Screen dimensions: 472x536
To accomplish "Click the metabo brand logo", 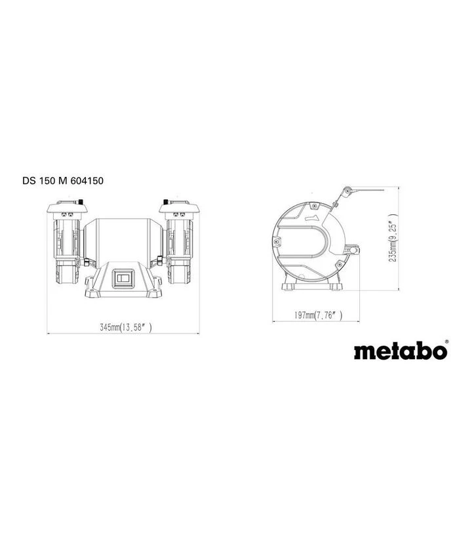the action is pyautogui.click(x=400, y=351).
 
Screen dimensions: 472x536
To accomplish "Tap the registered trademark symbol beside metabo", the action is pyautogui.click(x=446, y=341).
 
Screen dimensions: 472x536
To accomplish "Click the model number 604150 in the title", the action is pyautogui.click(x=87, y=180).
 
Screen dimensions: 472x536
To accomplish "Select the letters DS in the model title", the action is pyautogui.click(x=29, y=180).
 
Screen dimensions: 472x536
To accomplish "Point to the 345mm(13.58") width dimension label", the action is pyautogui.click(x=125, y=327).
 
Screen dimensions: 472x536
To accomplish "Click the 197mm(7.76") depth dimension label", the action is pyautogui.click(x=318, y=315).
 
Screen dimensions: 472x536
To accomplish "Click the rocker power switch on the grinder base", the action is pyautogui.click(x=123, y=278).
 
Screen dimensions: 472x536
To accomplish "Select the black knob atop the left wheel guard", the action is pyautogui.click(x=81, y=201).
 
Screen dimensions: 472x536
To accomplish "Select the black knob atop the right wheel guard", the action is pyautogui.click(x=166, y=201).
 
